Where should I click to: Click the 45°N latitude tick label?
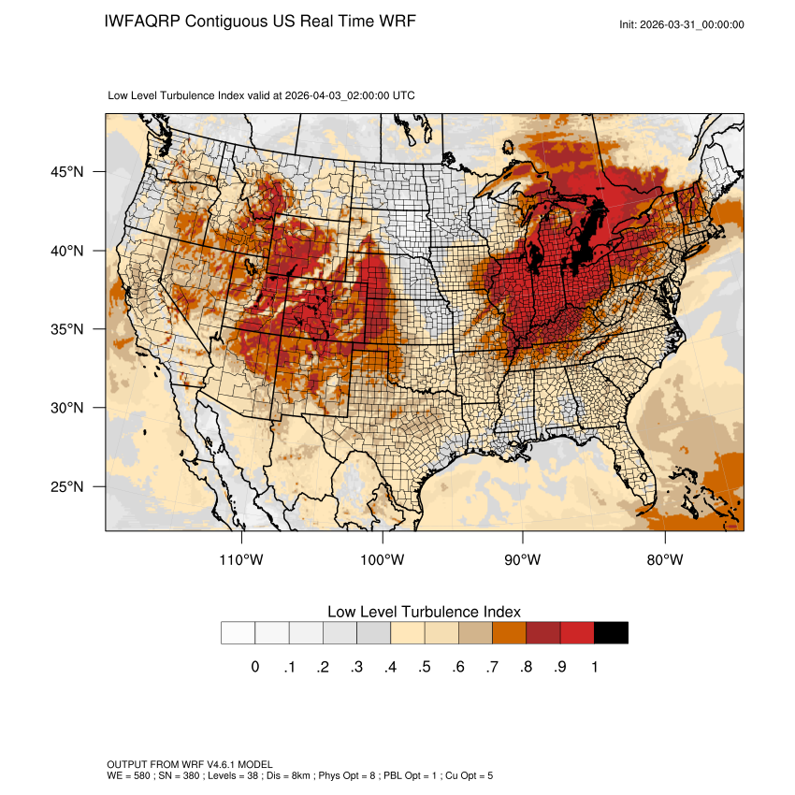pos(66,172)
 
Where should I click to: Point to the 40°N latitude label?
pos(66,251)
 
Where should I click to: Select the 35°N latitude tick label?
pos(66,329)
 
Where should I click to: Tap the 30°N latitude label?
pos(66,408)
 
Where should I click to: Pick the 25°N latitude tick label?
pos(66,486)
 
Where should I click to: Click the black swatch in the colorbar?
pos(611,633)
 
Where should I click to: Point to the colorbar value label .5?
pos(424,667)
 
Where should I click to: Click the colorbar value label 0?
pos(255,667)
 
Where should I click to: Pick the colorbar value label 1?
pos(594,667)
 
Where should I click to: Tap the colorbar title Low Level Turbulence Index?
pos(424,611)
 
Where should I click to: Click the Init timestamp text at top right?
pos(682,24)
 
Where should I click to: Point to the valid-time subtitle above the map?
pos(262,95)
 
